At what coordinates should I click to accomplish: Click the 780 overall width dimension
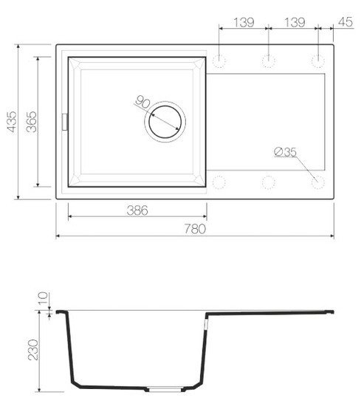point(194,230)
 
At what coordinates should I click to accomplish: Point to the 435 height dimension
point(10,121)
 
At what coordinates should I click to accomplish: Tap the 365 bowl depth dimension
point(30,121)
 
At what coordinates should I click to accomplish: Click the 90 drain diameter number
point(143,103)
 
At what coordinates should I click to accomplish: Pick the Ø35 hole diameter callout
point(284,152)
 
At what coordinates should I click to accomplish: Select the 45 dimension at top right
point(343,22)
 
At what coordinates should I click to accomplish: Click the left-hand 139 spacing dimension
point(244,22)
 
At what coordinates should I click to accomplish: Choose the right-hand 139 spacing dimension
point(294,22)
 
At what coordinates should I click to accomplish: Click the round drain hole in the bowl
point(165,120)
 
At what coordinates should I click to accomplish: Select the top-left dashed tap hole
point(219,59)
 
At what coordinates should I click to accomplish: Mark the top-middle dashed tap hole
point(269,59)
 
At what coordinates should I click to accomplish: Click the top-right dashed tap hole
point(319,59)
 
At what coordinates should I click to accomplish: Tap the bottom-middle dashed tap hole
point(269,181)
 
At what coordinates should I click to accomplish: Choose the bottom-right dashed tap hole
point(318,181)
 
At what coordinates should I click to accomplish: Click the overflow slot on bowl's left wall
point(64,120)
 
